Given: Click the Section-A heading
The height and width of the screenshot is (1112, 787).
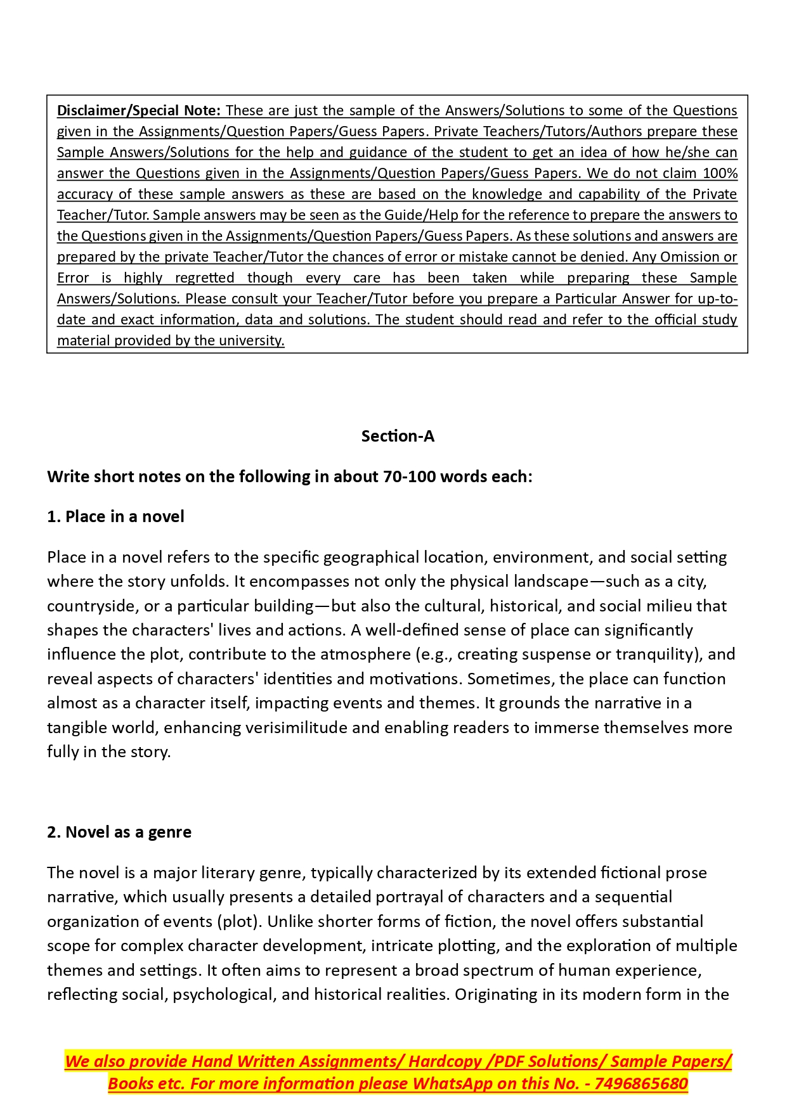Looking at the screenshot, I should point(398,436).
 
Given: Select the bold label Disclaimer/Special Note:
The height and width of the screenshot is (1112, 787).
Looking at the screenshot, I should point(139,110).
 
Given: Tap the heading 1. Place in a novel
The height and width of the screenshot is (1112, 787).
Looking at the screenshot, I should point(115,516).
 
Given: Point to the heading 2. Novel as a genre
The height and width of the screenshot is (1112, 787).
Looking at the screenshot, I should point(119,832).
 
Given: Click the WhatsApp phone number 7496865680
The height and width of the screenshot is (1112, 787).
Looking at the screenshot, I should point(641,1083).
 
